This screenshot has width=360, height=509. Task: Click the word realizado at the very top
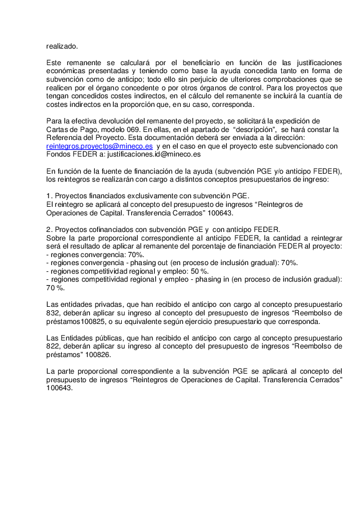click(62, 46)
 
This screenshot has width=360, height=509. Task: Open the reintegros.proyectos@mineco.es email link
click(99, 146)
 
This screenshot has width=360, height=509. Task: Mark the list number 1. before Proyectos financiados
click(50, 196)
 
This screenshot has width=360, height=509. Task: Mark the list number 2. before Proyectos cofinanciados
click(50, 230)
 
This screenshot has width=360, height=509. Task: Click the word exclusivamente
click(149, 196)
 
